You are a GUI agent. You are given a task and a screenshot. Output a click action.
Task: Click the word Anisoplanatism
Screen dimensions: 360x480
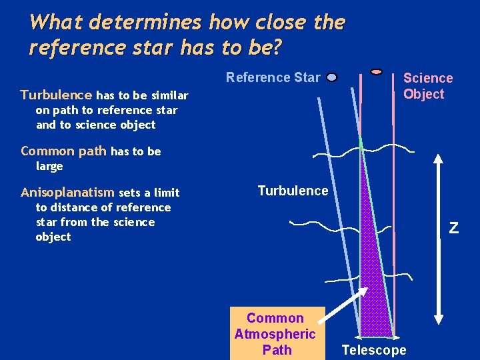67,193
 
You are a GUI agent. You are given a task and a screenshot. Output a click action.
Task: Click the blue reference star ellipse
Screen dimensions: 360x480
332,77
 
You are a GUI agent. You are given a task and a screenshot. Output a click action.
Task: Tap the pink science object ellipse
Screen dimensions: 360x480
376,71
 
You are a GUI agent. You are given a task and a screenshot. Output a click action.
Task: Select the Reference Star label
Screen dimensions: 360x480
273,77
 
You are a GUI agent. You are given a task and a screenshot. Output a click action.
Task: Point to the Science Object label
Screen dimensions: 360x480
427,86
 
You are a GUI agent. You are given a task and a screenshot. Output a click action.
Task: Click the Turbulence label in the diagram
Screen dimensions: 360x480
293,191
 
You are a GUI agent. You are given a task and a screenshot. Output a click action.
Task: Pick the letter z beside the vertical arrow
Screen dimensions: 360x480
453,228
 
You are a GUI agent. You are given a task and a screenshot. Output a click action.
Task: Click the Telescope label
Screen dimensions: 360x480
373,350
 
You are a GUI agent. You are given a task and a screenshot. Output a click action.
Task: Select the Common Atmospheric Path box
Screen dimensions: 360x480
277,333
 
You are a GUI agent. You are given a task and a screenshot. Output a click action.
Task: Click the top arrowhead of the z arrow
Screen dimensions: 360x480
438,160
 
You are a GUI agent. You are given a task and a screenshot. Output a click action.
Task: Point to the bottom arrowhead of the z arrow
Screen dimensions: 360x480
438,319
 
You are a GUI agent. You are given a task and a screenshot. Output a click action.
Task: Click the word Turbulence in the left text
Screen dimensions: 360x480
57,95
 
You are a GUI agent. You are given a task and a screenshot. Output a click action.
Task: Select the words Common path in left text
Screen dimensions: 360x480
63,151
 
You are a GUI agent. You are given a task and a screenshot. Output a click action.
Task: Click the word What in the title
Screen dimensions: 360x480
56,23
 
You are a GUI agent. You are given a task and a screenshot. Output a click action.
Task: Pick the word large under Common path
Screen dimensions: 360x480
49,166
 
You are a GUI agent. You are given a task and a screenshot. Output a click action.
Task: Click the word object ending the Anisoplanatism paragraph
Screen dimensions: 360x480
53,237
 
